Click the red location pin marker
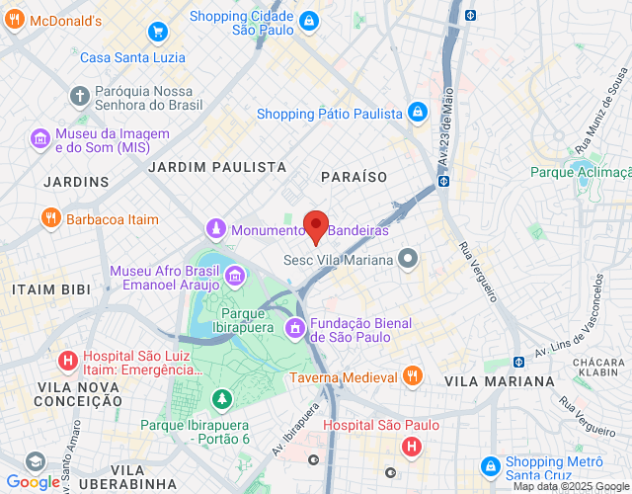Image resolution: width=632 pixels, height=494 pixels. tap(315, 225)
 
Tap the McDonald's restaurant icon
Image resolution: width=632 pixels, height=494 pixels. tap(13, 21)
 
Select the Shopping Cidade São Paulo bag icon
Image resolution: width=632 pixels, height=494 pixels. tap(309, 21)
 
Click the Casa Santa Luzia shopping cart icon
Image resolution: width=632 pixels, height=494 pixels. tap(158, 31)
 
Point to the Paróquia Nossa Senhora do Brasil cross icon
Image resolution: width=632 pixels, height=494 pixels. tap(79, 96)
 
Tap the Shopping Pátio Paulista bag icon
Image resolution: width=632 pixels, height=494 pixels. tap(418, 112)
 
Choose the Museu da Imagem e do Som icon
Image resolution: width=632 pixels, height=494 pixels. tap(40, 138)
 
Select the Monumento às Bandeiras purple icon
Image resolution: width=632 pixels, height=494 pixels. tap(216, 229)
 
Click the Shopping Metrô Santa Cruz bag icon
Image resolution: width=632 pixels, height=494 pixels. tap(489, 465)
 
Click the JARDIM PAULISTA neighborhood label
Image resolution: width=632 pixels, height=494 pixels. tap(208, 168)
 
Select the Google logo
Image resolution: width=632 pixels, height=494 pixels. tap(33, 481)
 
